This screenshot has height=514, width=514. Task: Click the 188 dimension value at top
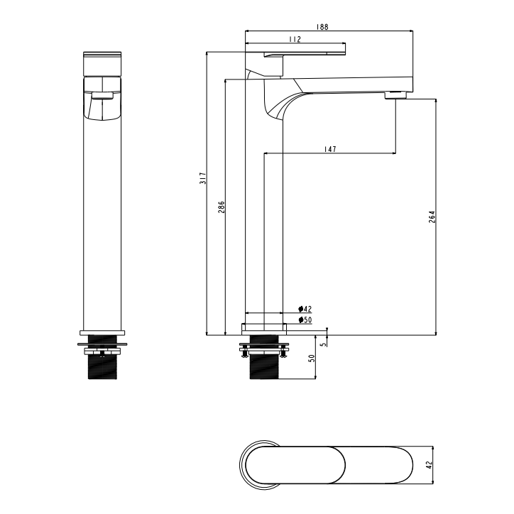(x=322, y=26)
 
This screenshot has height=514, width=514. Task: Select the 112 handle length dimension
(x=295, y=40)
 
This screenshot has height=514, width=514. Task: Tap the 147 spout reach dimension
(x=329, y=149)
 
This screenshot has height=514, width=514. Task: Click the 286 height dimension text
(x=221, y=207)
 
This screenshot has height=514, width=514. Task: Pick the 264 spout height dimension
(x=432, y=217)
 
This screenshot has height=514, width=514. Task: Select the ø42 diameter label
(x=305, y=309)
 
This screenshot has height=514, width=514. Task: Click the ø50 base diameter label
(x=305, y=320)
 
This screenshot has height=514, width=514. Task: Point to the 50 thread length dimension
(x=311, y=359)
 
